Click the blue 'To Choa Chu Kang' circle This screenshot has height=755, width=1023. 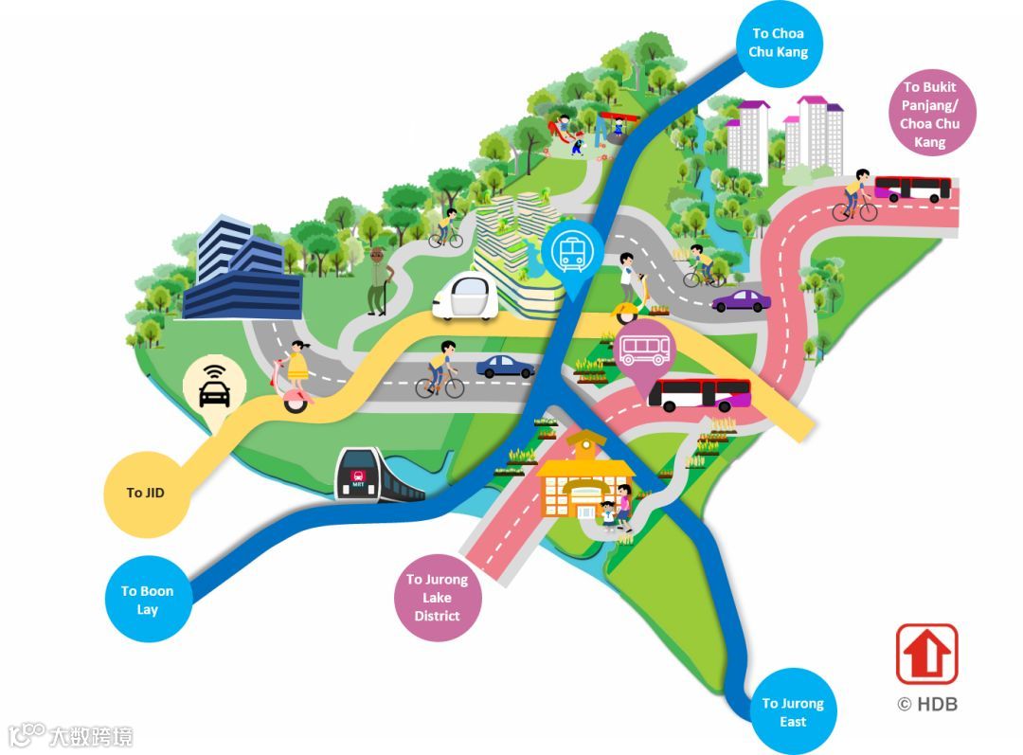[x=779, y=43]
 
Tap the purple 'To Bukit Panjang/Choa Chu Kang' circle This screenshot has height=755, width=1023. [x=928, y=115]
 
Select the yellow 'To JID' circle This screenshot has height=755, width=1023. [x=146, y=494]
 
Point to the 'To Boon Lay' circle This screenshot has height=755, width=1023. [x=147, y=600]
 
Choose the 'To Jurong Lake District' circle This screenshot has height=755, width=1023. [x=437, y=598]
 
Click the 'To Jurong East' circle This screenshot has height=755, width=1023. [x=793, y=712]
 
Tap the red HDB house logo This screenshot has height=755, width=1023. [x=926, y=654]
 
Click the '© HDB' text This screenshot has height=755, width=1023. [x=926, y=704]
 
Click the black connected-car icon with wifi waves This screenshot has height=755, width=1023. [x=214, y=386]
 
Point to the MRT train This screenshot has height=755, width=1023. [x=374, y=476]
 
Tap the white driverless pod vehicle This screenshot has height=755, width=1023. [x=464, y=297]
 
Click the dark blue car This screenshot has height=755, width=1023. [x=504, y=367]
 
